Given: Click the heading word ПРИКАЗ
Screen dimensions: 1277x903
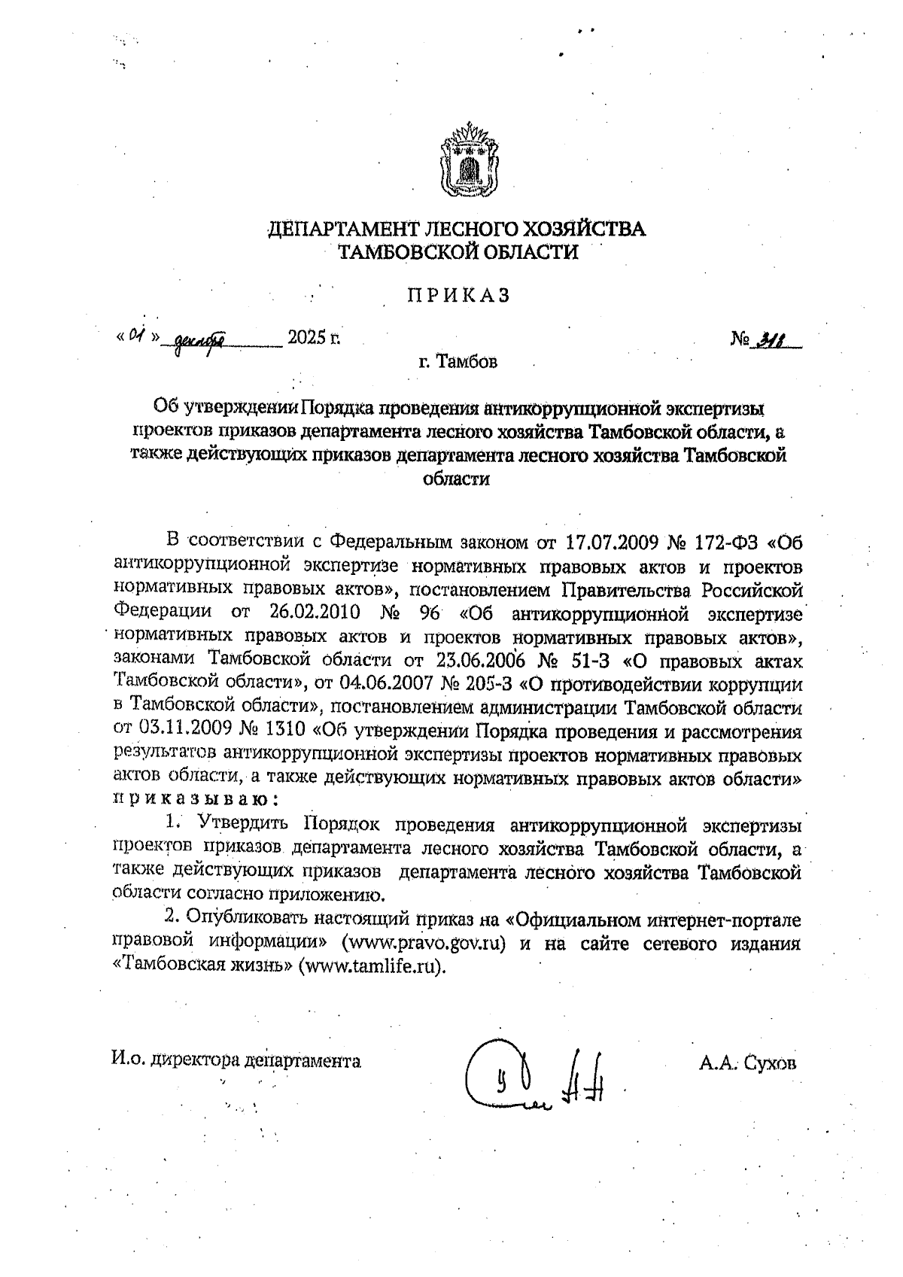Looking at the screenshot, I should pyautogui.click(x=458, y=296).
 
